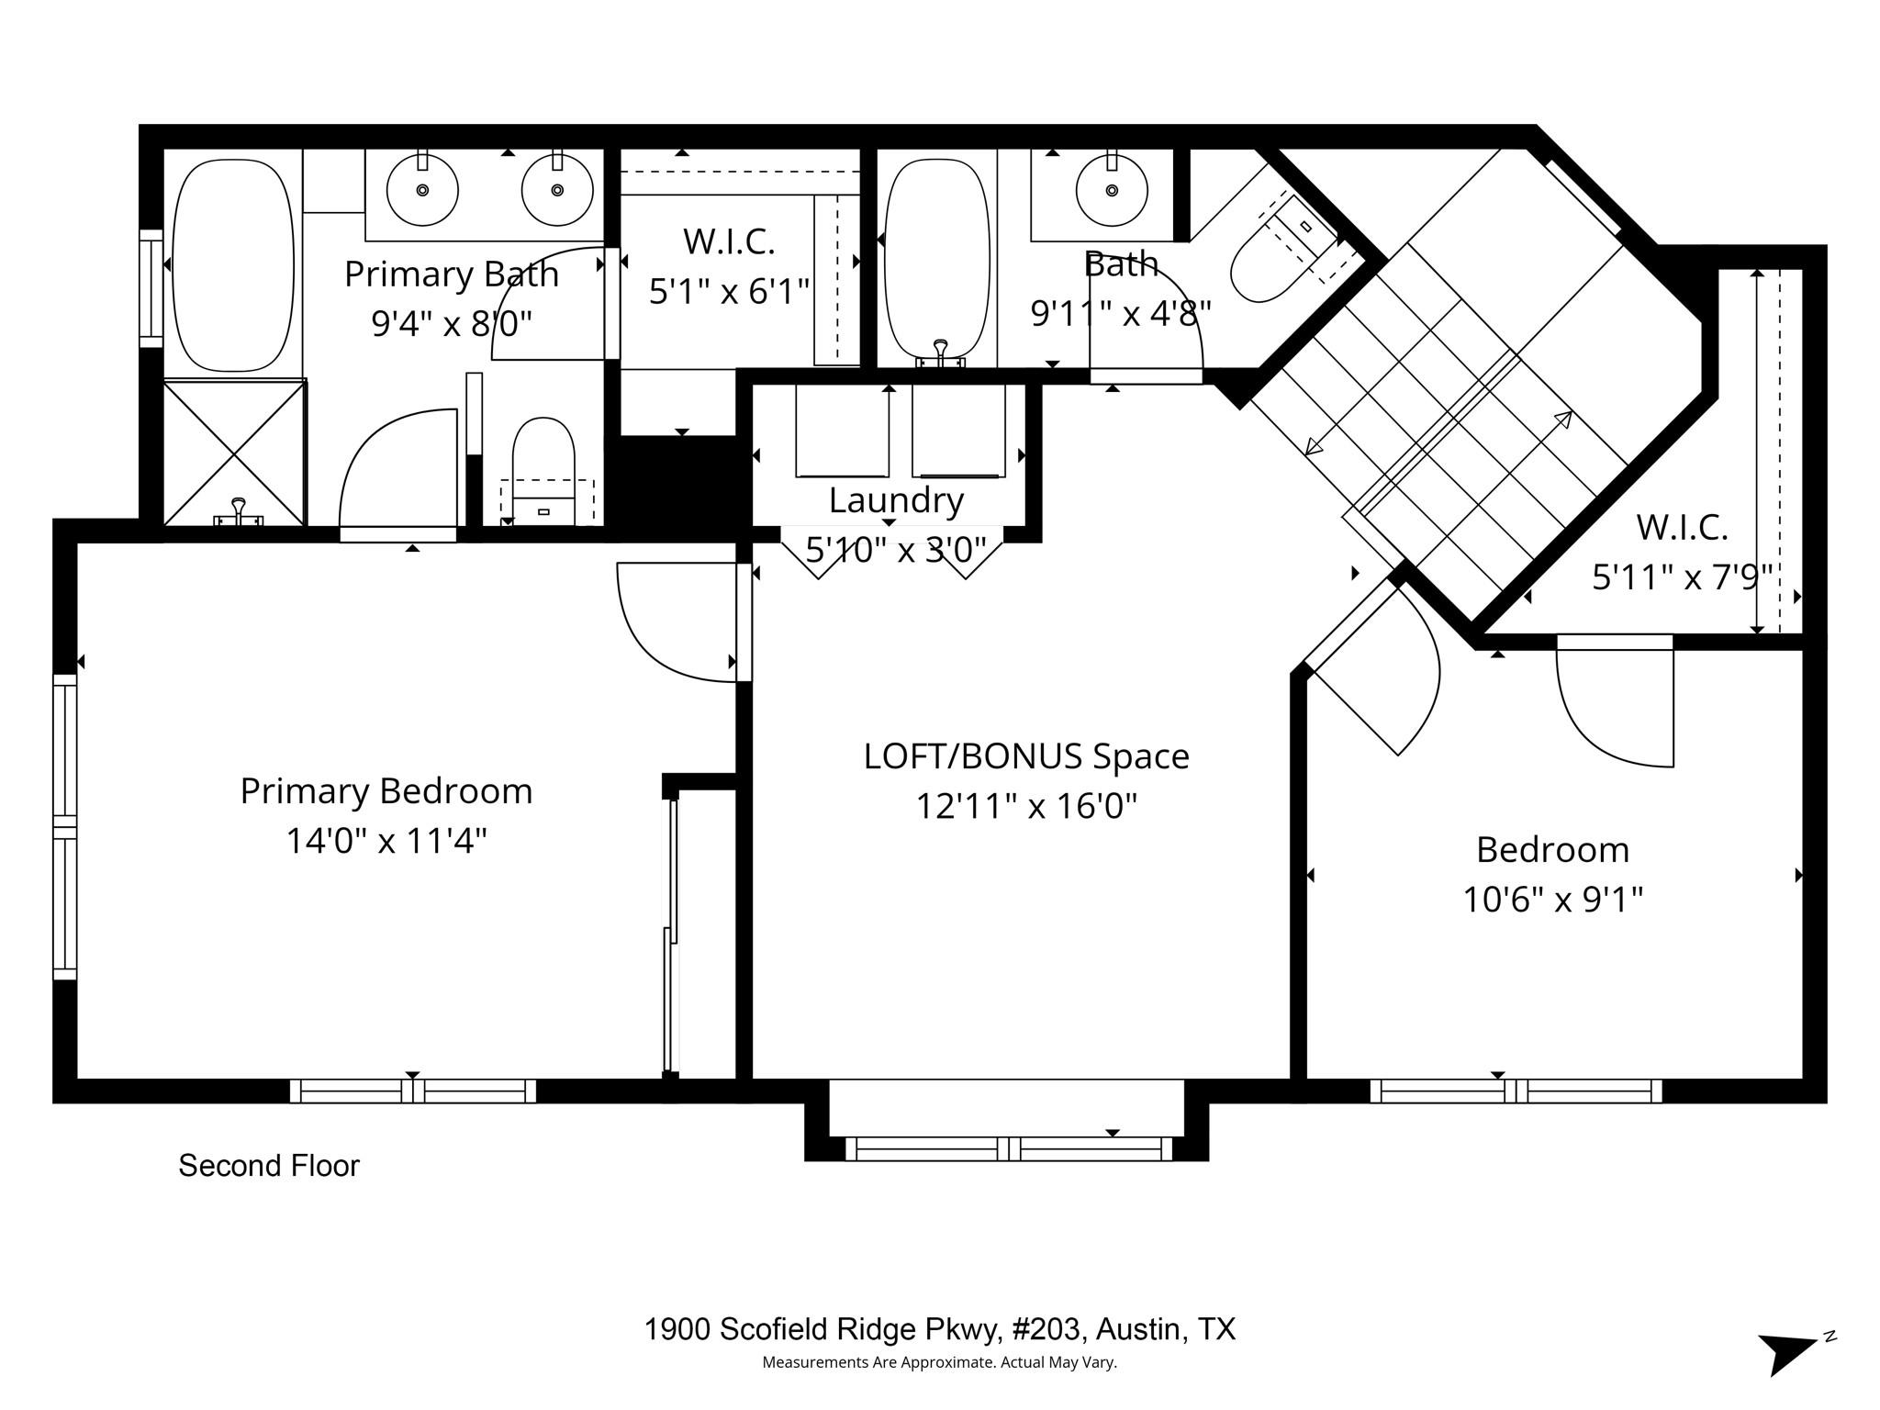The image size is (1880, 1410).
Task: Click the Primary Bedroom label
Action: [386, 791]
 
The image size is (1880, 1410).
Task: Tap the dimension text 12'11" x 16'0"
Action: [1026, 807]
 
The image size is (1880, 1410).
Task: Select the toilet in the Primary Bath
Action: [543, 468]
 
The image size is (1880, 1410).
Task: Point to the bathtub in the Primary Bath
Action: [233, 265]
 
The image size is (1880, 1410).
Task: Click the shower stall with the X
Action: [234, 453]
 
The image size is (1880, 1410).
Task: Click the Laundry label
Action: [896, 500]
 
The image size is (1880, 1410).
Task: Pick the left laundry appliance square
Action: [842, 430]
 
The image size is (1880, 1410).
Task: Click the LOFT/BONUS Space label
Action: [1026, 756]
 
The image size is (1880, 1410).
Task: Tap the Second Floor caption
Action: [268, 1166]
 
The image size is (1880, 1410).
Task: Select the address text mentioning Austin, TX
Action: [939, 1329]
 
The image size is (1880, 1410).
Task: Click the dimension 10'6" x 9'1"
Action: [1552, 900]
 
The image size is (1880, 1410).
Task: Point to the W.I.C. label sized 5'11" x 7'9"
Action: [1682, 528]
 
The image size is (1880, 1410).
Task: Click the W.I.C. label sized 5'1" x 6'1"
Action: [729, 242]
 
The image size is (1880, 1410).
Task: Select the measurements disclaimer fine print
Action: [939, 1362]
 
